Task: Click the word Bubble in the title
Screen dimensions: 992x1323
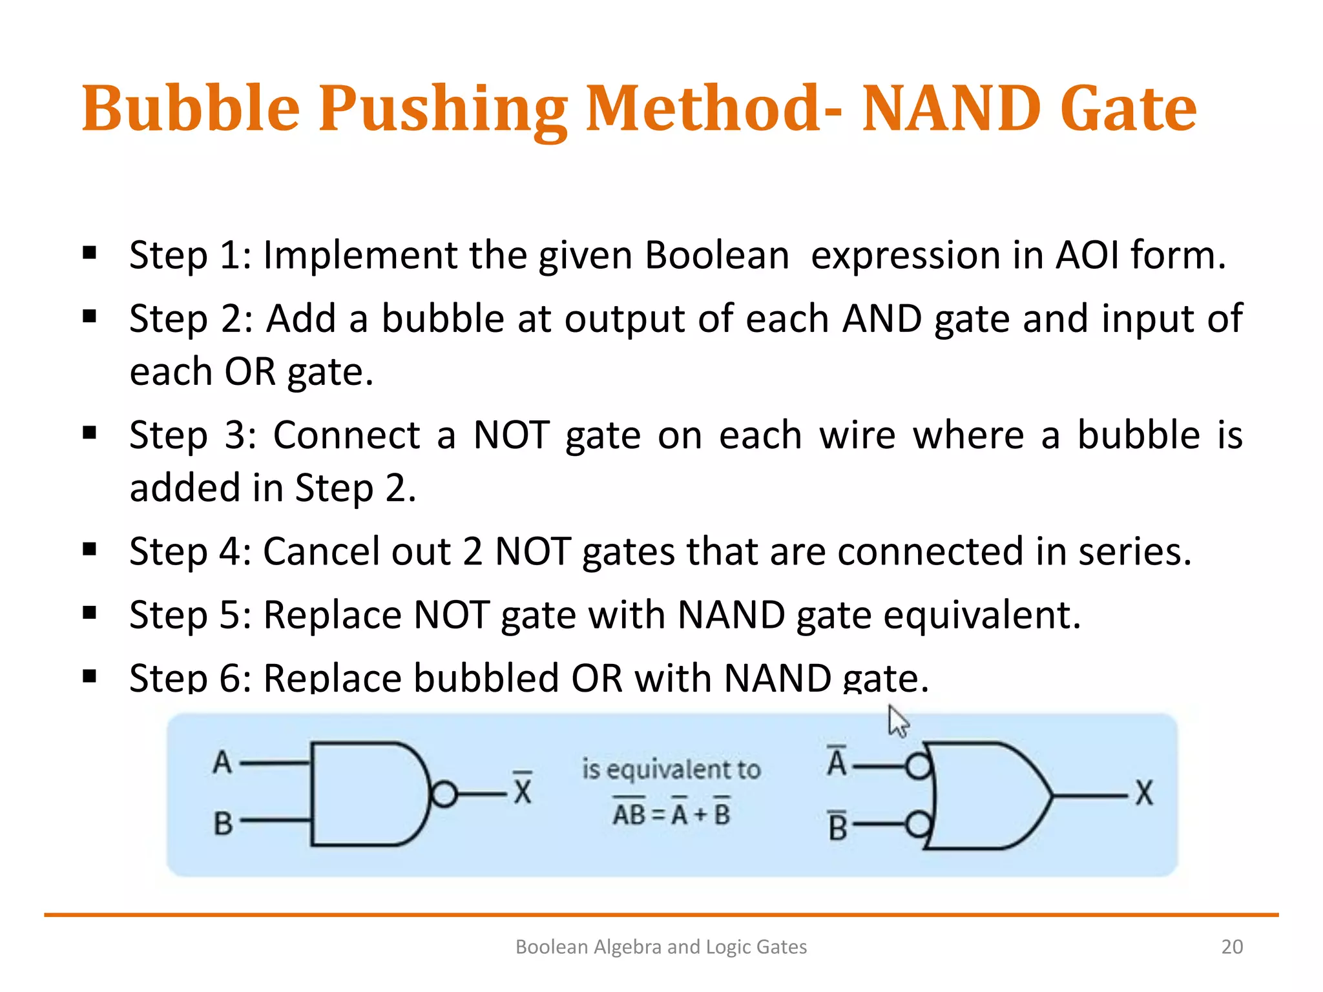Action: pos(191,108)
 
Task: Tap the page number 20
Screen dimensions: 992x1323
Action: pos(1232,947)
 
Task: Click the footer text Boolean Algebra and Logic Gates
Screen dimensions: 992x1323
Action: pos(661,947)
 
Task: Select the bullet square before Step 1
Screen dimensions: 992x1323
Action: pos(90,253)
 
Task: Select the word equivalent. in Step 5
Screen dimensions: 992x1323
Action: pos(982,615)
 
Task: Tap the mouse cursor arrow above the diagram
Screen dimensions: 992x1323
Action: pos(897,721)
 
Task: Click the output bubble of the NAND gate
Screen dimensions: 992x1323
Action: pos(444,794)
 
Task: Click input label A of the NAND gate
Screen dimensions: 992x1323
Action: pos(222,762)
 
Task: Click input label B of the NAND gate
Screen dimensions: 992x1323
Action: pos(223,823)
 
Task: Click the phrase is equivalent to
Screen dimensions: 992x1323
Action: pos(671,769)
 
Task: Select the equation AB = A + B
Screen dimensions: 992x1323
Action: pos(671,814)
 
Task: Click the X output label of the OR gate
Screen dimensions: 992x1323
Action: pos(1144,793)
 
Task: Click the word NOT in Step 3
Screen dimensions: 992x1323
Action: pos(511,435)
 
